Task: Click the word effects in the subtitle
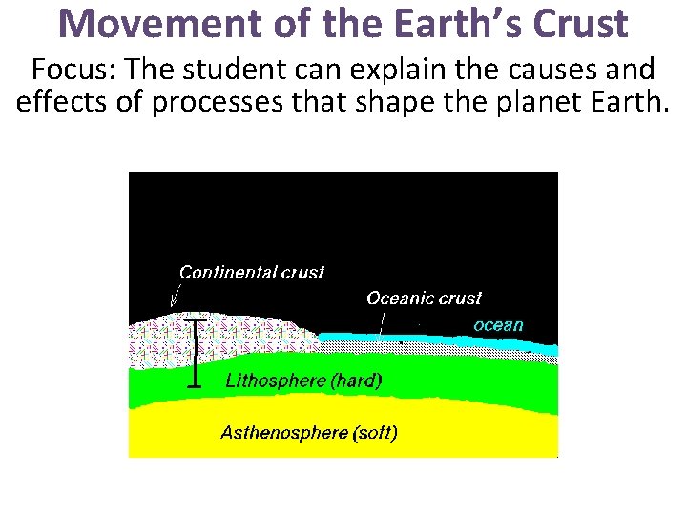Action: click(58, 102)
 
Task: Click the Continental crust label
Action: click(252, 273)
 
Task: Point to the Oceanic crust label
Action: click(424, 299)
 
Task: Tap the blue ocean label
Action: click(498, 325)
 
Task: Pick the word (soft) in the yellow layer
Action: click(375, 433)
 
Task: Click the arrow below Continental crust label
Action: click(176, 296)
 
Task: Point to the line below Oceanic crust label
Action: click(381, 322)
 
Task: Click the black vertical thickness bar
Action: click(195, 353)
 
